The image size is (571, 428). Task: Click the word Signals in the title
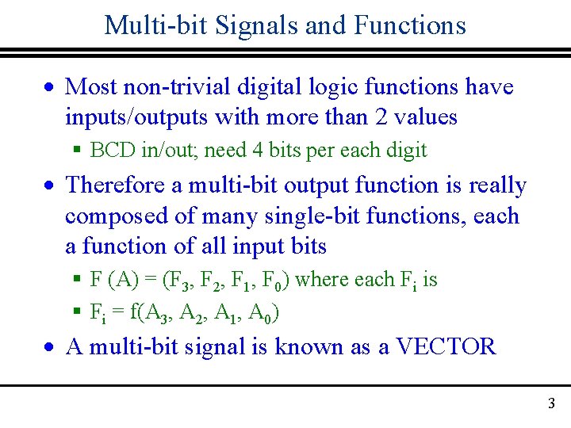click(x=224, y=25)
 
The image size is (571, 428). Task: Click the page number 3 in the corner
click(x=551, y=404)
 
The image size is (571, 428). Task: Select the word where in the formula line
click(x=320, y=279)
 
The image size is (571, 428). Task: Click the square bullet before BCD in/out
click(x=78, y=151)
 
